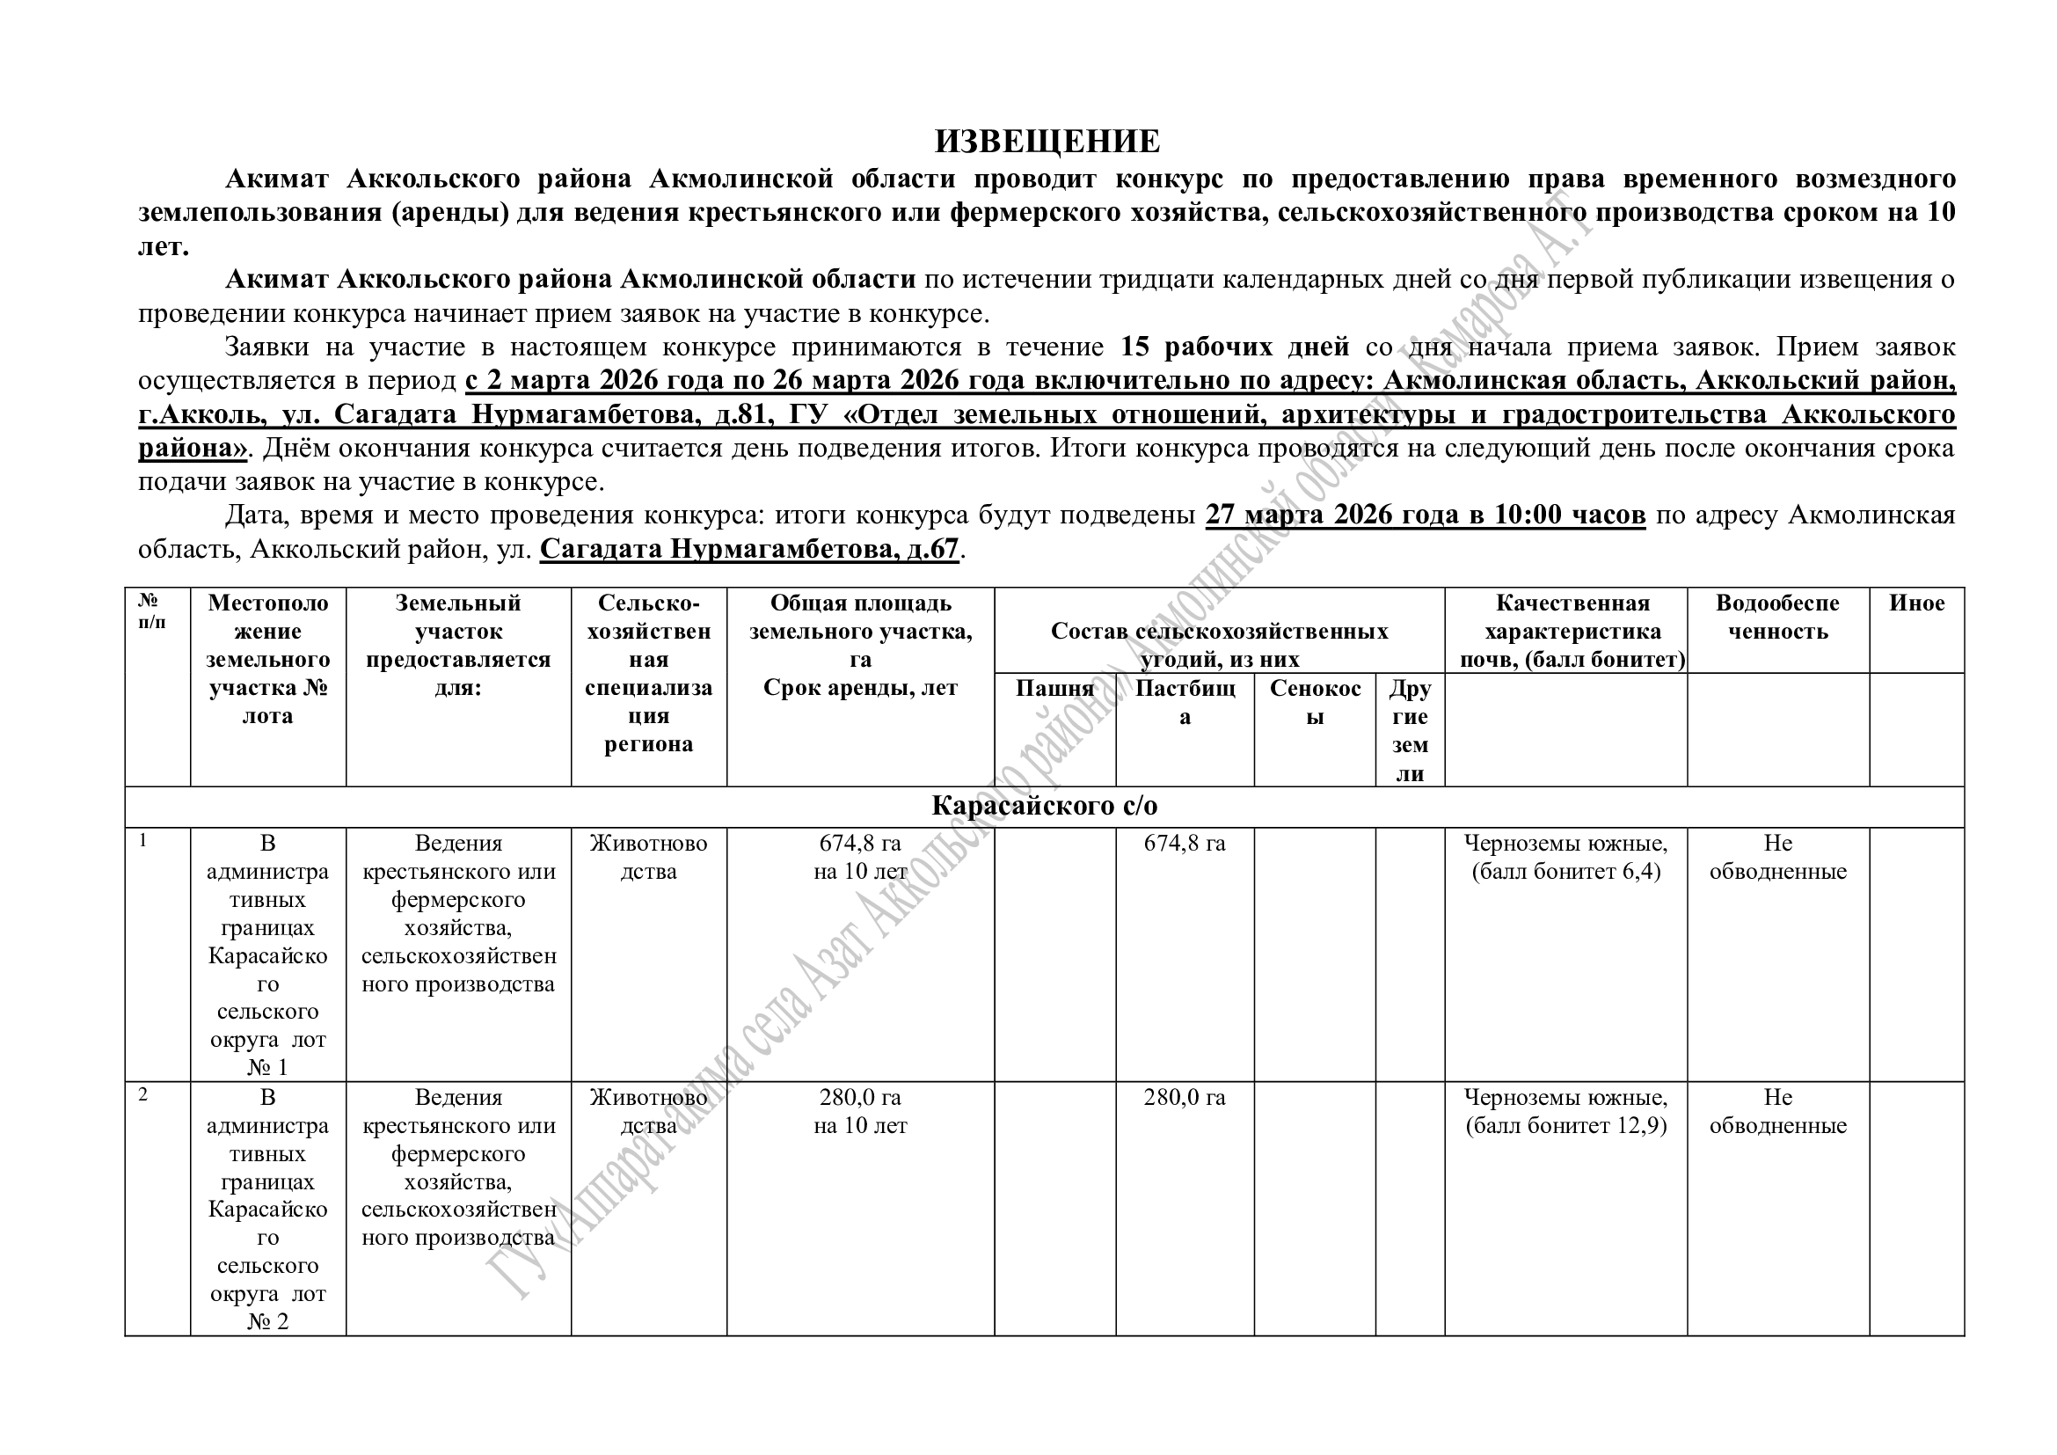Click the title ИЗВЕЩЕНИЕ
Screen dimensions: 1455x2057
click(1047, 142)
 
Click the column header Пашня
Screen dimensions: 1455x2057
click(1054, 688)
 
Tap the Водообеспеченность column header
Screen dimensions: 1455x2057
click(1777, 617)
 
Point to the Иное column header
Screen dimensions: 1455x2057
click(1916, 603)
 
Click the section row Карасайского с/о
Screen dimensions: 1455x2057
click(1045, 806)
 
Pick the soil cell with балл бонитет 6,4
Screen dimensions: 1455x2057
click(1565, 857)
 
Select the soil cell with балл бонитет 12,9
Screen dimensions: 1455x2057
click(1565, 1111)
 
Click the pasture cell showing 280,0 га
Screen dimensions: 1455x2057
click(1185, 1098)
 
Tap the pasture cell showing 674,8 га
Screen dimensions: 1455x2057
click(1185, 843)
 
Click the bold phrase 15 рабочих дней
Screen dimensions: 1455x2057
click(1235, 347)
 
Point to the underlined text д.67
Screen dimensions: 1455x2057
click(931, 548)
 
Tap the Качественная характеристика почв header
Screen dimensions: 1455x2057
click(1572, 631)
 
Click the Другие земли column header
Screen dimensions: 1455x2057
click(1409, 730)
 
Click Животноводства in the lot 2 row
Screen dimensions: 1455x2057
click(648, 1111)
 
